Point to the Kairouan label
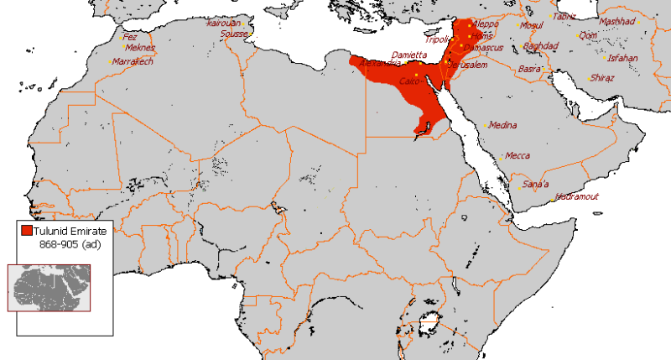click(223, 23)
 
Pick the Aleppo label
click(485, 24)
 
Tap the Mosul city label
click(532, 25)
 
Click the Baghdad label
click(540, 46)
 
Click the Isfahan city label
click(622, 58)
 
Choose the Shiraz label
click(602, 77)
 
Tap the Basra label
click(529, 68)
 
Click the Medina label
click(502, 123)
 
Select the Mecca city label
click(517, 155)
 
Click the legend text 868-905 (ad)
click(71, 244)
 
